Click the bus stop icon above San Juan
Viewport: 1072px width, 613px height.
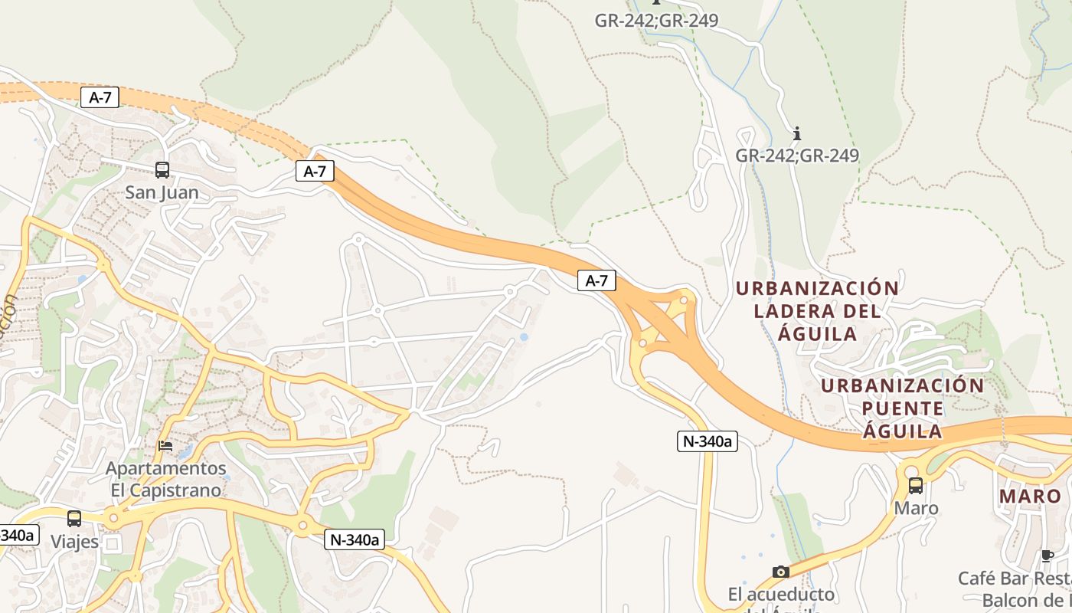point(162,170)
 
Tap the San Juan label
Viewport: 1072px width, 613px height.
point(162,192)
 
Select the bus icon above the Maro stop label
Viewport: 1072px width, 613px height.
point(915,485)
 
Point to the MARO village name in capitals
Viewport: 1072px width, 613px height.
point(1031,497)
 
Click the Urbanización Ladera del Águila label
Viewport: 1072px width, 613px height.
point(817,310)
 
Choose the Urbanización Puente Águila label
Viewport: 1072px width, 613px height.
point(903,408)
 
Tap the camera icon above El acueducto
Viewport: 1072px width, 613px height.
point(781,572)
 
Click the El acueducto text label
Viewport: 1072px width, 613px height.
point(781,595)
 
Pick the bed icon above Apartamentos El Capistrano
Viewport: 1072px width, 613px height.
point(165,445)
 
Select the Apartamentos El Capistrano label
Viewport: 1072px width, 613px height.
point(166,479)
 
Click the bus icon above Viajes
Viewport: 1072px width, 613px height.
point(74,519)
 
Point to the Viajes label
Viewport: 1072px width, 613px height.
point(74,542)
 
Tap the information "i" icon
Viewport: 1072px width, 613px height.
point(797,134)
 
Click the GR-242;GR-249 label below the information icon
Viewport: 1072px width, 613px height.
point(797,156)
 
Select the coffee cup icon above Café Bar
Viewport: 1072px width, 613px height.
point(1047,556)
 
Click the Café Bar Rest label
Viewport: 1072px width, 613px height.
point(1015,578)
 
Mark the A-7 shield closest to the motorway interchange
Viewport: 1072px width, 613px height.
point(596,281)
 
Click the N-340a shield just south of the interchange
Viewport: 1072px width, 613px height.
point(707,441)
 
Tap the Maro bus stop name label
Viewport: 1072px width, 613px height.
point(916,508)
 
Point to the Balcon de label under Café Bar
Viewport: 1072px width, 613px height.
point(1026,600)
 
